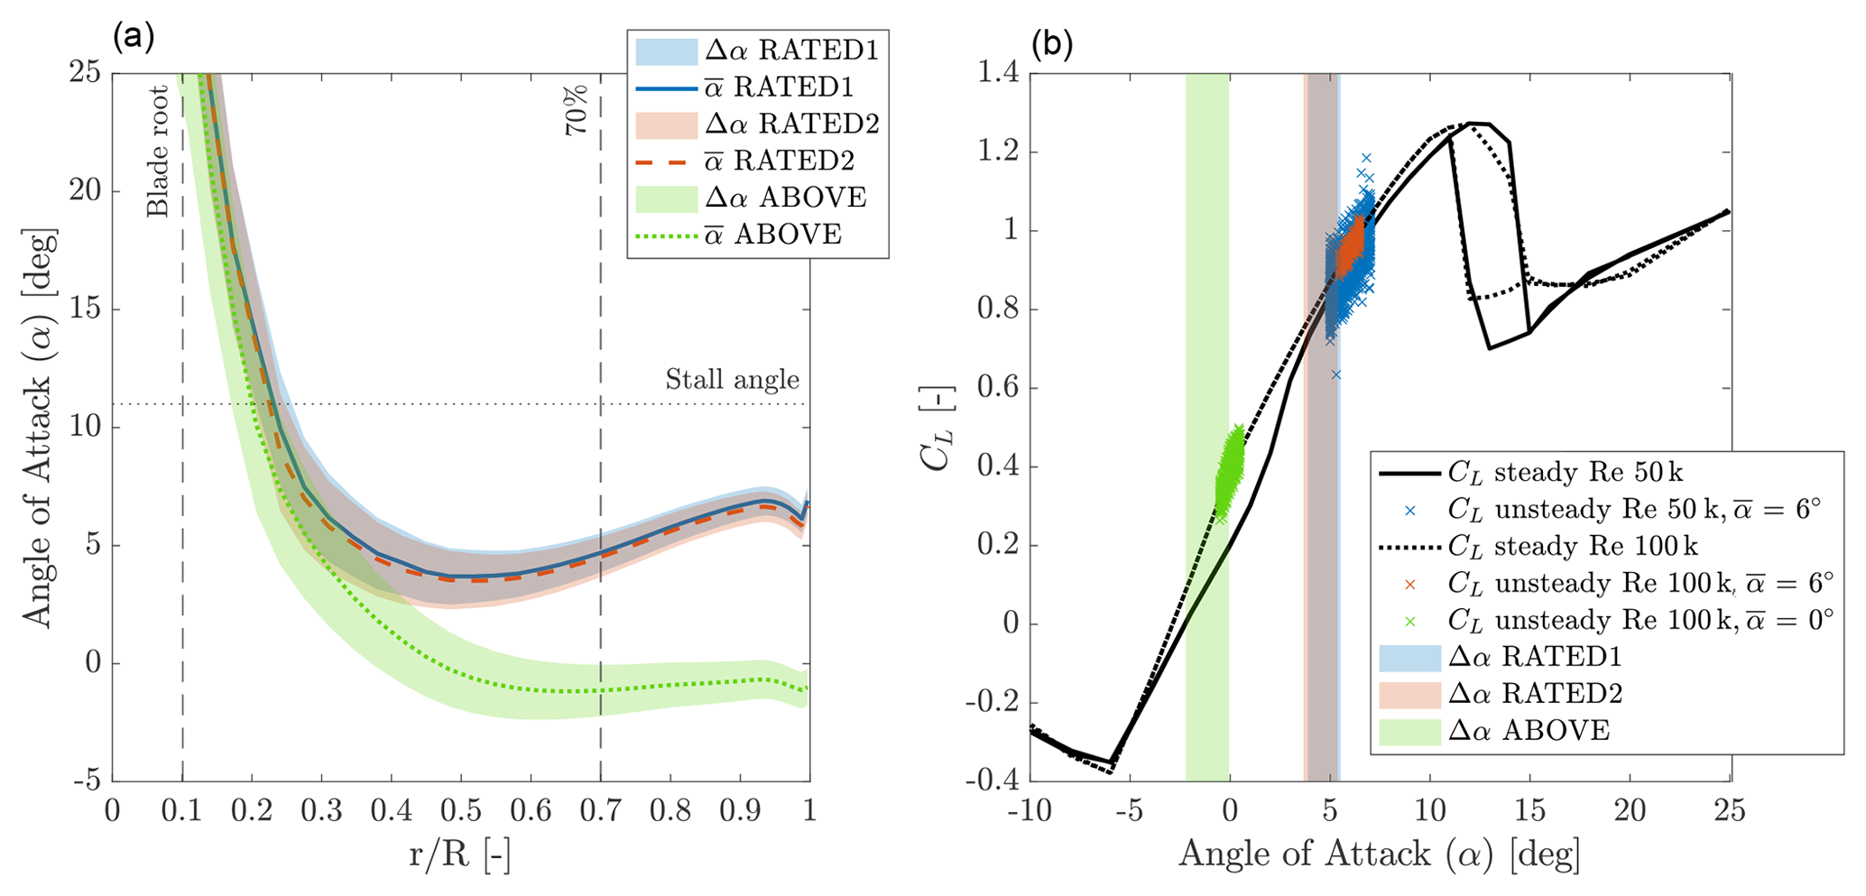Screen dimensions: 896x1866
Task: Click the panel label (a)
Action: pyautogui.click(x=134, y=37)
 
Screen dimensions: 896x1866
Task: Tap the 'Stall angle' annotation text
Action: pyautogui.click(x=732, y=380)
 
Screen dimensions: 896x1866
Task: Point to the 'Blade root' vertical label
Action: pyautogui.click(x=159, y=152)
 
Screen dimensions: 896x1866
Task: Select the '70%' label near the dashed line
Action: pyautogui.click(x=577, y=110)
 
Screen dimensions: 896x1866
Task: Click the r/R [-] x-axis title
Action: pyautogui.click(x=459, y=854)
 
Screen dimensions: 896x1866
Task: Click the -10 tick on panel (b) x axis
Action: pyautogui.click(x=1030, y=811)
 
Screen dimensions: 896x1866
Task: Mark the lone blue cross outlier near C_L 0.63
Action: pyautogui.click(x=1336, y=374)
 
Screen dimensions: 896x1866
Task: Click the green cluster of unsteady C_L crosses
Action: pyautogui.click(x=1228, y=469)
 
